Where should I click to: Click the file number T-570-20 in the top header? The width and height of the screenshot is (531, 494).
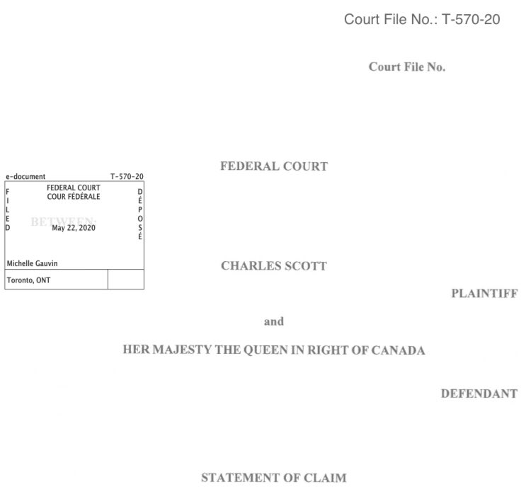(x=472, y=19)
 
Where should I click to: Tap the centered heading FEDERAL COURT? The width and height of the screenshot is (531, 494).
(x=274, y=166)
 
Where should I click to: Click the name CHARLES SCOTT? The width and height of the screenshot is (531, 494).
(x=274, y=267)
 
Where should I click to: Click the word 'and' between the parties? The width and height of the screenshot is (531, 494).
(x=274, y=321)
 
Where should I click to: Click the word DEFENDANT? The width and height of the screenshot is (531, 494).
(x=479, y=393)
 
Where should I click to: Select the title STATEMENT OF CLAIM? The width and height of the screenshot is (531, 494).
(x=274, y=478)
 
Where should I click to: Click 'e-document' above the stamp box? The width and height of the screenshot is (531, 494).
(x=25, y=176)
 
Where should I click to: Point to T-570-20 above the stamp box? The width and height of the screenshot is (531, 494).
(x=127, y=176)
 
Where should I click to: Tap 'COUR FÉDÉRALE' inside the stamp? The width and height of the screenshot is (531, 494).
(x=74, y=196)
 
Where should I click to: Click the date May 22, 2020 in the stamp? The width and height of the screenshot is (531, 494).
(x=74, y=228)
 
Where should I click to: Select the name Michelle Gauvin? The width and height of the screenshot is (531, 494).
(x=33, y=263)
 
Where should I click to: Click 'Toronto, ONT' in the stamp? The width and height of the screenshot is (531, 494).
(x=28, y=280)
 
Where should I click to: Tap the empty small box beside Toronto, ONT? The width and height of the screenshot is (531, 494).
(x=125, y=280)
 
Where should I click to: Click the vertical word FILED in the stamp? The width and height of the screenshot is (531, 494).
(x=8, y=210)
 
